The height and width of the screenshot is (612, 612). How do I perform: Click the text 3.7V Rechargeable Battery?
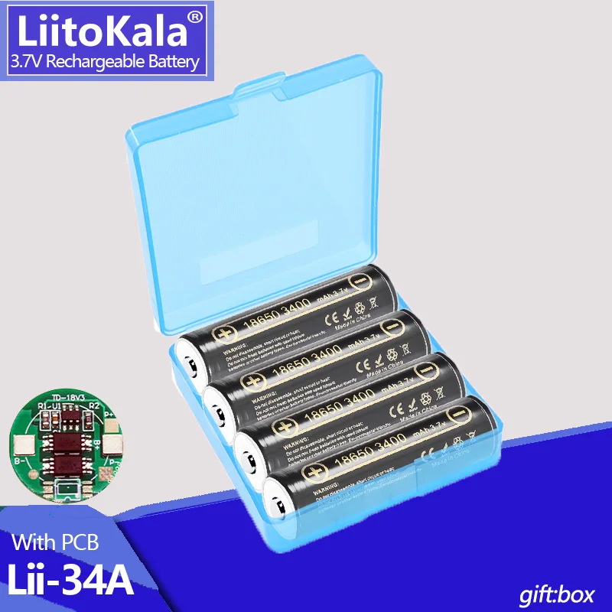103,62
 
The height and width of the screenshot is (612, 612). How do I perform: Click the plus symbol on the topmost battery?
225,334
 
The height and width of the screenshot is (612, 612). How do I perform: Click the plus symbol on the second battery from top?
252,379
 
